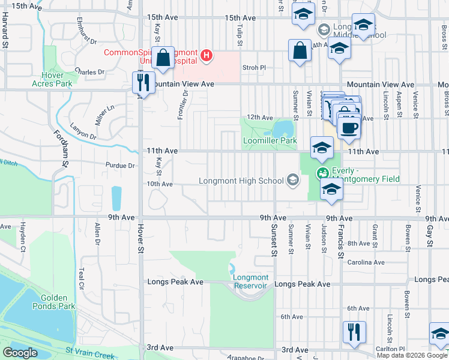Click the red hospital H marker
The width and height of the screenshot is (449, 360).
point(206,56)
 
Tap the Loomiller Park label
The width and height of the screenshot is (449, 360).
point(270,141)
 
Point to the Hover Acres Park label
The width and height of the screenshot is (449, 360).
point(52,79)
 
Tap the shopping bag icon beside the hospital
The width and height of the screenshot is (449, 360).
point(163,58)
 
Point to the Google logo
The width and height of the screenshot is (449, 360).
point(20,353)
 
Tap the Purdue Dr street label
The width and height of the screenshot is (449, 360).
point(124,166)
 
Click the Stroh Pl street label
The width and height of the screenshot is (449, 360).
point(254,68)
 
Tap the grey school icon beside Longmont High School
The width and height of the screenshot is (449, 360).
point(293,180)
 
